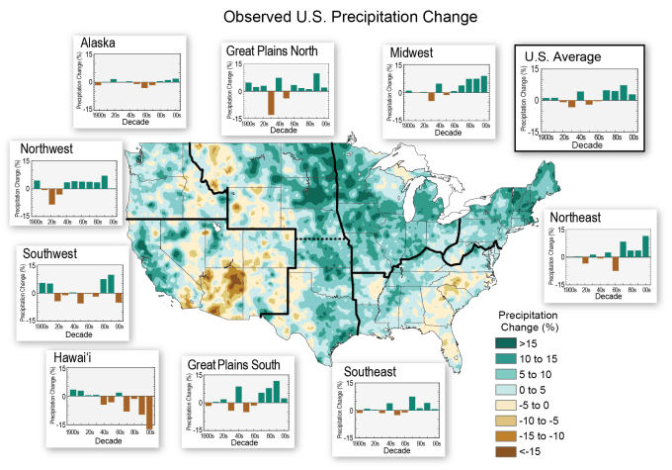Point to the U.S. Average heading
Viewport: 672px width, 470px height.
[x=562, y=57]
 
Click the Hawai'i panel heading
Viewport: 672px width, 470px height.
[x=65, y=355]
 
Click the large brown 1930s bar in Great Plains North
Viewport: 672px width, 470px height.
[x=270, y=103]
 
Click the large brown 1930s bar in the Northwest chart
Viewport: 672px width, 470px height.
[x=51, y=196]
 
